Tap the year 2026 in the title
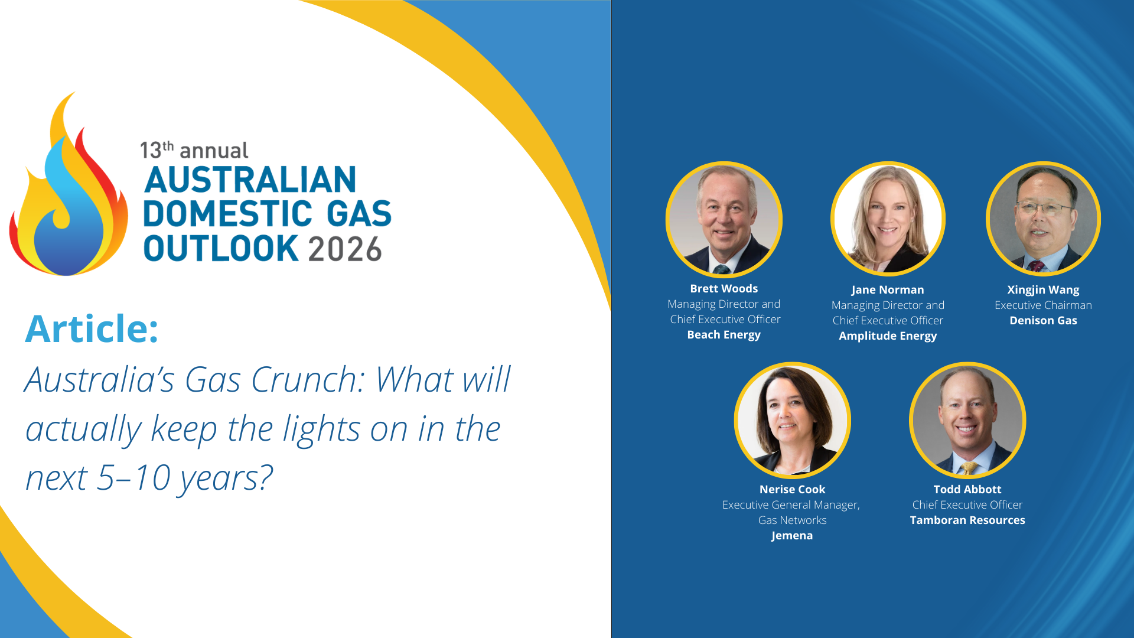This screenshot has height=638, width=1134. pos(345,249)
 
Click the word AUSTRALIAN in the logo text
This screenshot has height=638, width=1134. pos(250,180)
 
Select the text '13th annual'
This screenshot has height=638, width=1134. pos(194,150)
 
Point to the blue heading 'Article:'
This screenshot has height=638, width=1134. pos(92,328)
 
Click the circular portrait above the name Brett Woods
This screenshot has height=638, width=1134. pos(724,220)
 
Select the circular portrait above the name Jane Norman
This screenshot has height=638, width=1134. pos(888,219)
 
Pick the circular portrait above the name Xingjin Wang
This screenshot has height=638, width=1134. pos(1043,219)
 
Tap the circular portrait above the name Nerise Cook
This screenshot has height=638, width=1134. pos(793,420)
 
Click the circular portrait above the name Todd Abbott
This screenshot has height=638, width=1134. pos(967,420)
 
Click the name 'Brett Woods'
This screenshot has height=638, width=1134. pos(724,288)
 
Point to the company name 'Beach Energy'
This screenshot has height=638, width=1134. pos(724,335)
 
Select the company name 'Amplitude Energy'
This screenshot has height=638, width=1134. pos(888,336)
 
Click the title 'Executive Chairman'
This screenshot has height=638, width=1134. pos(1043,305)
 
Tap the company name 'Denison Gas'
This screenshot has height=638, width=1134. pos(1043,321)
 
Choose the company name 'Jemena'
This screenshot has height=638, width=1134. pos(792,536)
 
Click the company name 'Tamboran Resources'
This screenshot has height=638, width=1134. pos(967,520)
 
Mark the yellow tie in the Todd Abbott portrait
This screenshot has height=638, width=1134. pos(969,468)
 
